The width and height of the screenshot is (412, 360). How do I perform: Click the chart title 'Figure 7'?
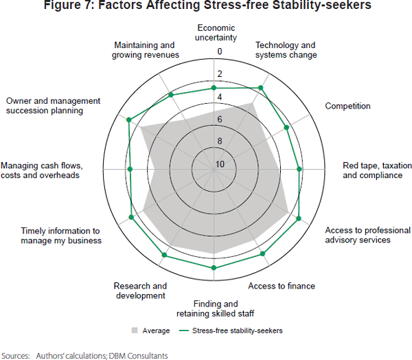(206, 6)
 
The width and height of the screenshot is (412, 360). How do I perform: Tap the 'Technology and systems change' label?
(286, 50)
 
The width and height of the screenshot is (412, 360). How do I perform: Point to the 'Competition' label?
(347, 106)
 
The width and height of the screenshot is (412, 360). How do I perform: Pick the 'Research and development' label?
(140, 291)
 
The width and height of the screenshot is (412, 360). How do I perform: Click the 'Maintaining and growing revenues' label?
(147, 49)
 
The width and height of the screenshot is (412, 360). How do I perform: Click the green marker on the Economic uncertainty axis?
(214, 88)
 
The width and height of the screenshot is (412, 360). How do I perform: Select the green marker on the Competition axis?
(286, 126)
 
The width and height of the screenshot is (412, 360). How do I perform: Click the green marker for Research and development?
(163, 256)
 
